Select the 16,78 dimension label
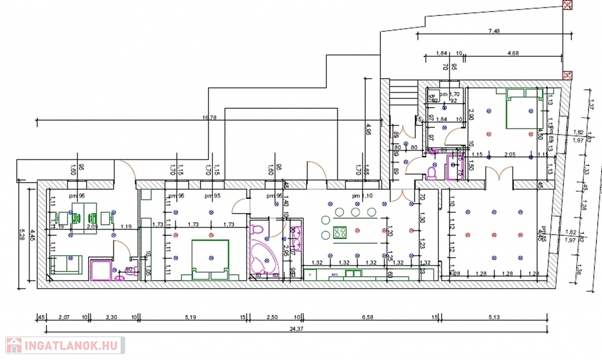(210, 118)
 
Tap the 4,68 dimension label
(513, 54)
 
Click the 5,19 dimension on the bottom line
(190, 317)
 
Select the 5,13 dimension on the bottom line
(494, 317)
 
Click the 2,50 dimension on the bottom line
(272, 317)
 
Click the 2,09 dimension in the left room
(92, 226)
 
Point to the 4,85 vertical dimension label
(368, 129)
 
